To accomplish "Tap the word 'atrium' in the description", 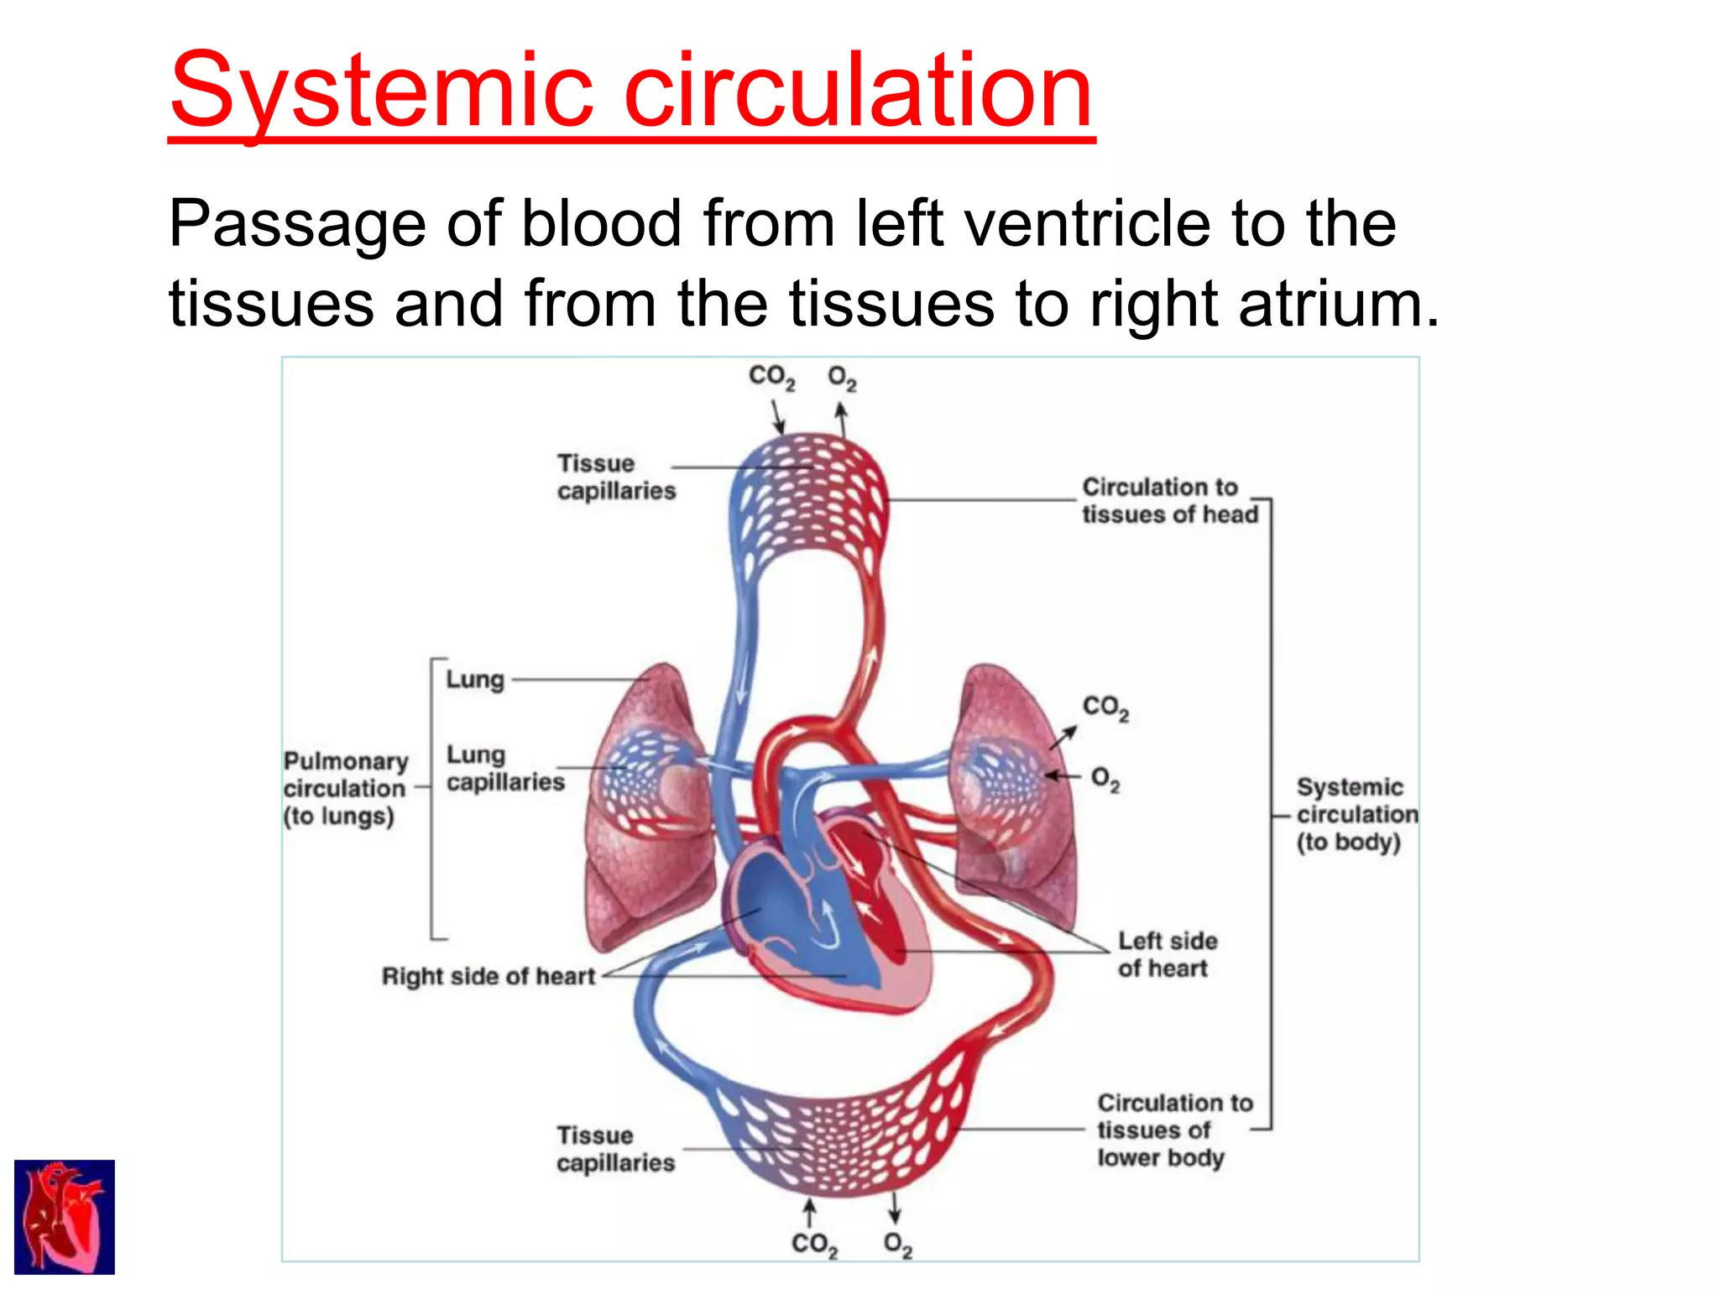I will coord(1330,304).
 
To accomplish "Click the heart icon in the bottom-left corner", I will coord(65,1217).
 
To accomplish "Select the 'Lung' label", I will coord(475,679).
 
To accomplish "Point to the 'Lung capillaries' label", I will coord(504,768).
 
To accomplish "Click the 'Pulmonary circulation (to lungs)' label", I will coord(345,788).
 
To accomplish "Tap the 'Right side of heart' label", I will coord(488,976).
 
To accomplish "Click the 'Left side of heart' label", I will coord(1167,954).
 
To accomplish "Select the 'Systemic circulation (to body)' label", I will coord(1355,814).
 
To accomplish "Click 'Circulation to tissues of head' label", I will coord(1169,500).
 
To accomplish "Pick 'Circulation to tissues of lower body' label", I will coord(1173,1130).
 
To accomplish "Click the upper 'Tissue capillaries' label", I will coord(615,477).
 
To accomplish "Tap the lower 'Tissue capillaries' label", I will coord(615,1149).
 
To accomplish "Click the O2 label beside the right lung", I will coord(1105,780).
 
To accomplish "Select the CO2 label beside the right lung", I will coord(1105,707).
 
